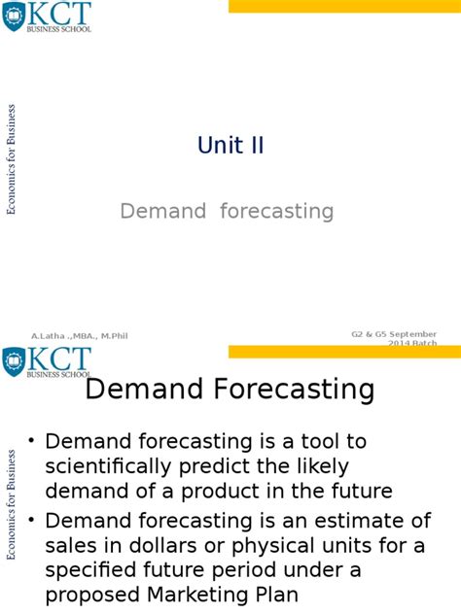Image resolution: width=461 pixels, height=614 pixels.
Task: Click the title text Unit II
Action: coord(230,146)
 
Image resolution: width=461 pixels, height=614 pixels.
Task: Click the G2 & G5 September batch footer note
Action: coord(394,337)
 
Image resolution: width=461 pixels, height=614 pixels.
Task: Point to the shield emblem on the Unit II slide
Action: coord(15,17)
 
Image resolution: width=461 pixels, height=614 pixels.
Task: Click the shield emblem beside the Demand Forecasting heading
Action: coord(15,362)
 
